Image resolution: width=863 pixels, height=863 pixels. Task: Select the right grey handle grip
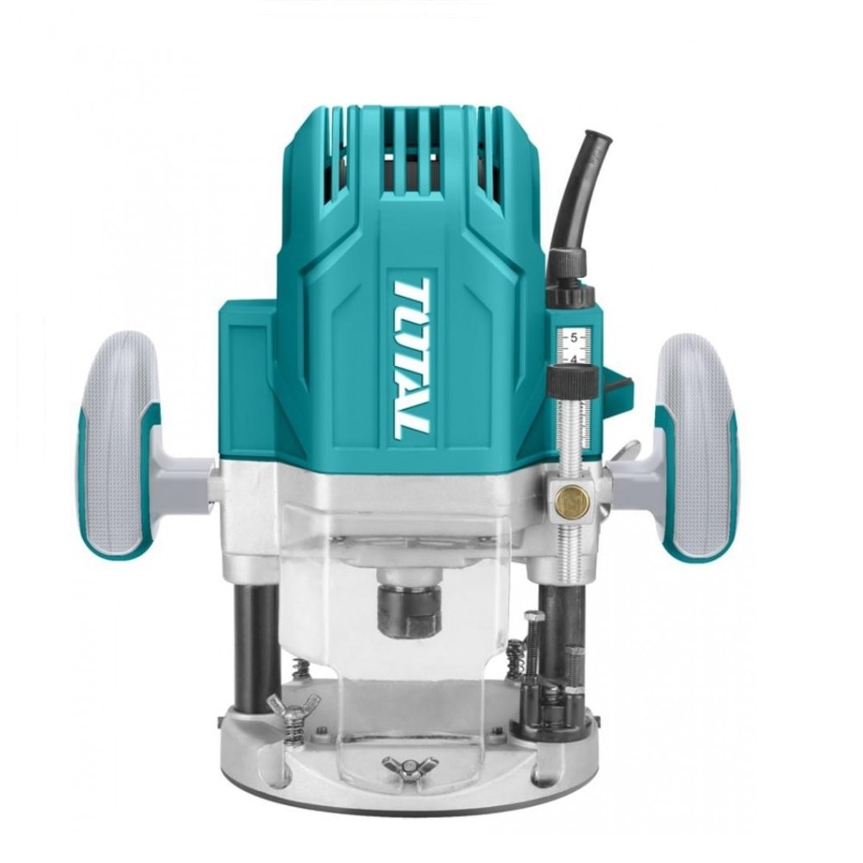(696, 447)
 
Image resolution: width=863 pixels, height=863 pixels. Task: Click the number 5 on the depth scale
(574, 337)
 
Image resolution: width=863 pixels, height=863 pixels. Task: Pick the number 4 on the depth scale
(574, 359)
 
